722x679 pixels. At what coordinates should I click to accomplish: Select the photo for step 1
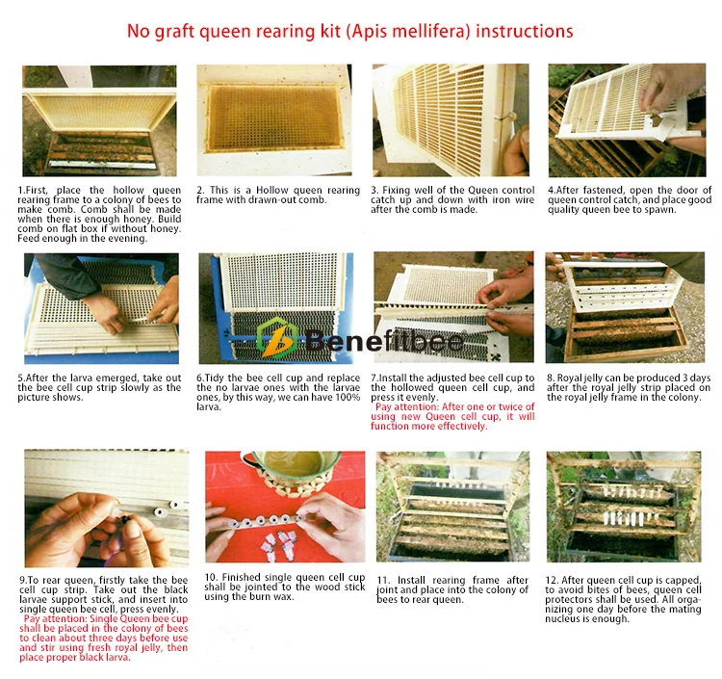click(x=99, y=120)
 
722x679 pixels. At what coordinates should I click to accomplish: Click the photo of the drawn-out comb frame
click(x=274, y=120)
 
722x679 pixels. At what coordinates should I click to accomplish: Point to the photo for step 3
click(x=451, y=120)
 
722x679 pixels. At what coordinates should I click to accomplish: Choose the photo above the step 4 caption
click(x=626, y=120)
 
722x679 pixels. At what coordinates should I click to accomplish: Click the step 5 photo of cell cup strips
click(x=100, y=306)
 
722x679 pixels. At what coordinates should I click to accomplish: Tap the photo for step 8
click(x=626, y=306)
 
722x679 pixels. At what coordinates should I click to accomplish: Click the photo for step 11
click(x=451, y=507)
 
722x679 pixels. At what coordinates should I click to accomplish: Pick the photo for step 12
click(x=625, y=507)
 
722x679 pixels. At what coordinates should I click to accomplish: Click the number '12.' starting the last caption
click(x=553, y=580)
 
